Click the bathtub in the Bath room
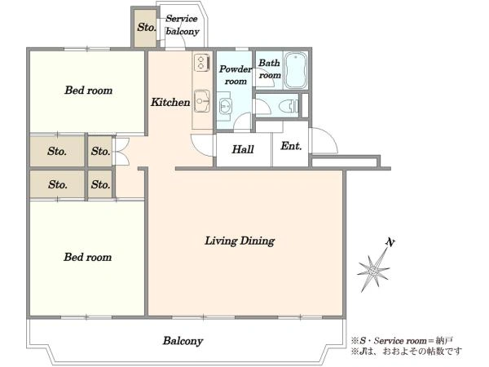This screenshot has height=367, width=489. coord(296,70)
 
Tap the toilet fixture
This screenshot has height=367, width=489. coord(289,106)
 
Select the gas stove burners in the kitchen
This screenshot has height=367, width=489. coord(200,62)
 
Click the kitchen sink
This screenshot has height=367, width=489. coord(202,101)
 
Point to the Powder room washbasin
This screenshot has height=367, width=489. coord(226,106)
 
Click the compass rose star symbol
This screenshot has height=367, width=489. coord(373,270)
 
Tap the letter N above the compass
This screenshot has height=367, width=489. coord(390,242)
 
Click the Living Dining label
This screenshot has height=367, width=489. coord(240,241)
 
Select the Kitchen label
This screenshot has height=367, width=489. coord(170,102)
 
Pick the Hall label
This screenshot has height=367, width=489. coord(243,149)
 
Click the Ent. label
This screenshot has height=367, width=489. coord(291,146)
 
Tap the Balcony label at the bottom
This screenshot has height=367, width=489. coord(183,341)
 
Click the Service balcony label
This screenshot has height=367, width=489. coord(182,25)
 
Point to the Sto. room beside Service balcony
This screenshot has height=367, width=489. coord(145,28)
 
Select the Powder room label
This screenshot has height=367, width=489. coord(236,75)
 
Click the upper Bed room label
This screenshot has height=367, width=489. coord(88,91)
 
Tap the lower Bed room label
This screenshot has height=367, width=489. coord(88,257)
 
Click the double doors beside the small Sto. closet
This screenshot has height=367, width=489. coord(122,152)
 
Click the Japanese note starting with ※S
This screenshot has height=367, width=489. coord(402,340)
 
